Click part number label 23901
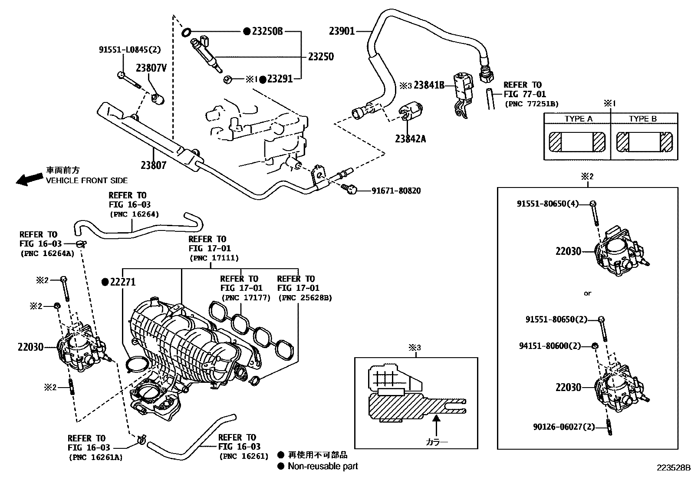coord(341,31)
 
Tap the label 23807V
coord(151,68)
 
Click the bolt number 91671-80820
coord(395,191)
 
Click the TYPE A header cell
coord(578,119)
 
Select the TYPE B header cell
coord(643,119)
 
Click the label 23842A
coord(410,139)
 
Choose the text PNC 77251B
coord(531,104)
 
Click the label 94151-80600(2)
coord(550,346)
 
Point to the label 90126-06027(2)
coord(563,427)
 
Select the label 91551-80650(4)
coord(547,204)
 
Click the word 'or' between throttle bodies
coord(587,293)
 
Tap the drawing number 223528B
coord(673,468)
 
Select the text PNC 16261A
coord(95,457)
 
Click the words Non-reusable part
coord(323,466)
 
